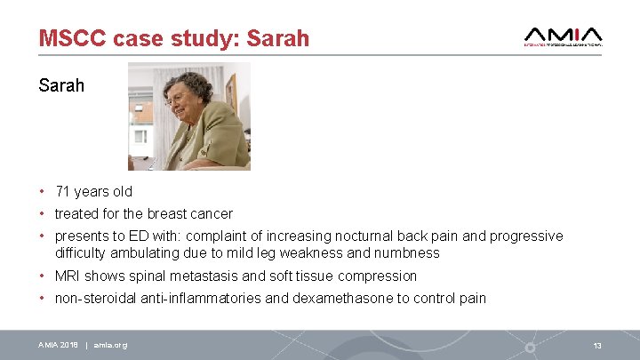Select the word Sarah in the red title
tap(277, 38)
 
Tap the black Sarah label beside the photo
tap(61, 85)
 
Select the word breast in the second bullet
tap(164, 213)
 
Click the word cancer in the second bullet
tap(211, 213)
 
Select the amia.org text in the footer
tap(110, 345)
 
